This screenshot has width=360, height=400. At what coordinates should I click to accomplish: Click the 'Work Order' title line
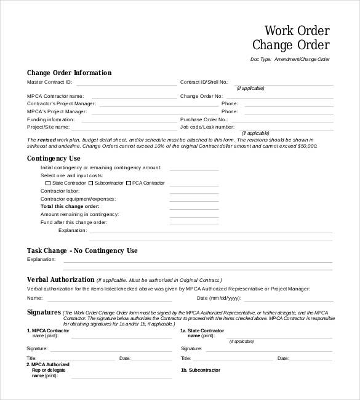[297, 31]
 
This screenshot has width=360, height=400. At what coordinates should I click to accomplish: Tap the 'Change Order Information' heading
[69, 73]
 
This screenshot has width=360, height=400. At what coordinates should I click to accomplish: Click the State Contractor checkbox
[49, 183]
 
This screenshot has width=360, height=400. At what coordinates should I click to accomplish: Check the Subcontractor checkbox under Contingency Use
[91, 183]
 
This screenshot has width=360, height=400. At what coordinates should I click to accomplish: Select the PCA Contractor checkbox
[129, 183]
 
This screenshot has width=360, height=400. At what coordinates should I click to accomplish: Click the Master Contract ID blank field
[126, 82]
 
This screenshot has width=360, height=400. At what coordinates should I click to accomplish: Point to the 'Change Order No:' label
[201, 96]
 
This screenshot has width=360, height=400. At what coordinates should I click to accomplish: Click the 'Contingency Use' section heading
[54, 158]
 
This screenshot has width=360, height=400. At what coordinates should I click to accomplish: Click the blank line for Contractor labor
[194, 191]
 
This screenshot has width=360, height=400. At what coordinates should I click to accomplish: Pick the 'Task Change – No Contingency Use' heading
[82, 250]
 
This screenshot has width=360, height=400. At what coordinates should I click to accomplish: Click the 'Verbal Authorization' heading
[60, 279]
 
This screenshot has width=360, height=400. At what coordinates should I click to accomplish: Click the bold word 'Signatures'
[44, 312]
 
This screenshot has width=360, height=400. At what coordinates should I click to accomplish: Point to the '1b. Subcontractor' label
[200, 370]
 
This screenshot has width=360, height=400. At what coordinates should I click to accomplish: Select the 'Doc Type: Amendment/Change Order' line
[290, 59]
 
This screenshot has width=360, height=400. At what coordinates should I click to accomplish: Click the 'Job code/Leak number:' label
[207, 126]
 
